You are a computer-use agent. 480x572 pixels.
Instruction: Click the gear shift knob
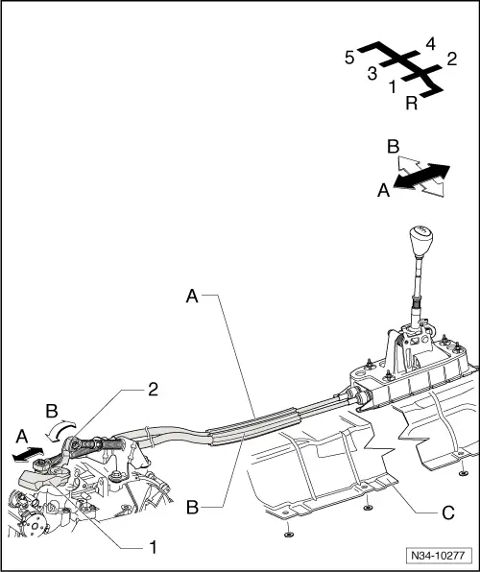click(421, 242)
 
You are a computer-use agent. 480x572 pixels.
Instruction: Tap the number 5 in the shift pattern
click(349, 58)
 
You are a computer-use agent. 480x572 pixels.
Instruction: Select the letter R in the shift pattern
click(412, 104)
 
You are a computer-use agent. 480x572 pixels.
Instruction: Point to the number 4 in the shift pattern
click(431, 44)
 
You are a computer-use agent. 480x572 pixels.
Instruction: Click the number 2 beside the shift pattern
click(452, 59)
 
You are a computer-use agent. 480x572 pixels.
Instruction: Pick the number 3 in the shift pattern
click(372, 74)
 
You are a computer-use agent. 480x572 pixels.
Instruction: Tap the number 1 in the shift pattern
click(393, 87)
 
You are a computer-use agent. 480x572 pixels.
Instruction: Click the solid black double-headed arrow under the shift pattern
click(421, 177)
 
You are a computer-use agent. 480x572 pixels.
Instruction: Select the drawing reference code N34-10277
click(438, 556)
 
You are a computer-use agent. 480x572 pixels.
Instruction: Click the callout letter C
click(448, 512)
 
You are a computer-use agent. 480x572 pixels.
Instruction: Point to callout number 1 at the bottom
click(154, 548)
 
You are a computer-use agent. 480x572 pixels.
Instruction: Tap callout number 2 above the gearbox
click(153, 390)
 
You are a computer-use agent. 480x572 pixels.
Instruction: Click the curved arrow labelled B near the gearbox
click(61, 430)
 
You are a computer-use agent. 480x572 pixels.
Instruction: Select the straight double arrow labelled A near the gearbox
click(28, 455)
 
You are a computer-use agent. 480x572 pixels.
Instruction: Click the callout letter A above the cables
click(192, 296)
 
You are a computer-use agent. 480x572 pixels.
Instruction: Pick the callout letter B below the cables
click(192, 508)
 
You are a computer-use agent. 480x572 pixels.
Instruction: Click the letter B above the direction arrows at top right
click(394, 147)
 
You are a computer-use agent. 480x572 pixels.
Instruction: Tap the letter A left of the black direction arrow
click(383, 190)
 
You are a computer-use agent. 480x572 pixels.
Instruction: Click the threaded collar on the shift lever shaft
click(417, 302)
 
